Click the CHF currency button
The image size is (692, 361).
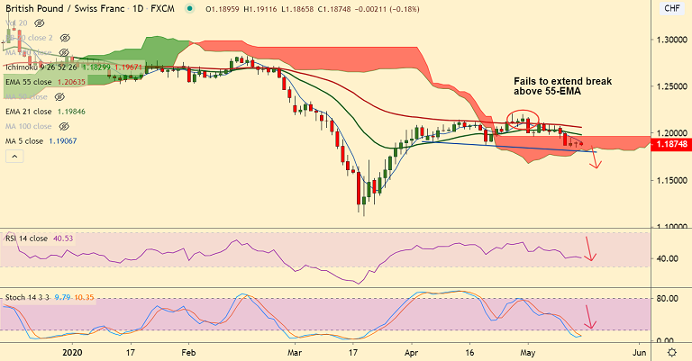click(x=671, y=8)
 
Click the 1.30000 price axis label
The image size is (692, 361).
click(x=669, y=40)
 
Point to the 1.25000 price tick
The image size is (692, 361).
click(x=669, y=86)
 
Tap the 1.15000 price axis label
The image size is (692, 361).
click(x=669, y=180)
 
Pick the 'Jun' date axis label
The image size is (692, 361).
click(x=639, y=352)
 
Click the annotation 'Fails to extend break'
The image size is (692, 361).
click(x=561, y=81)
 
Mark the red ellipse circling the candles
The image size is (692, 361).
click(x=523, y=117)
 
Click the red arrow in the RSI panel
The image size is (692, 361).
click(x=589, y=249)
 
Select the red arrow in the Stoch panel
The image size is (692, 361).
click(x=589, y=318)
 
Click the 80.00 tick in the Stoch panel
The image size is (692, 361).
click(x=668, y=299)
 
